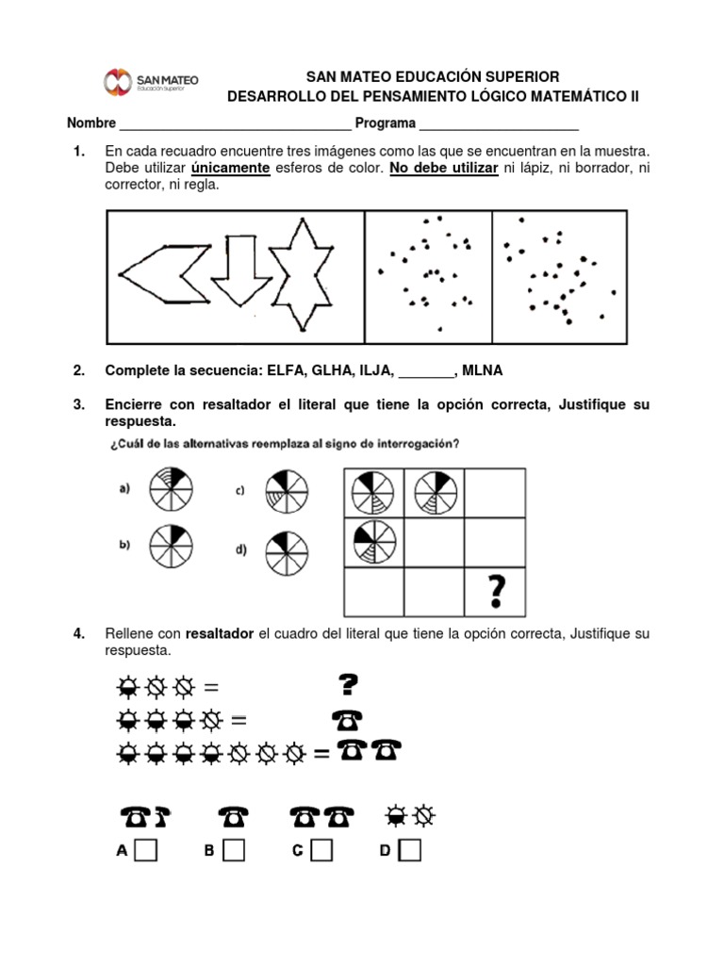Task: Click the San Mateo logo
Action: [151, 82]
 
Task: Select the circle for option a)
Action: [173, 488]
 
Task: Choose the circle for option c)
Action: [284, 488]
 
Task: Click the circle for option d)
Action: [284, 548]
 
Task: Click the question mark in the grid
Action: [494, 592]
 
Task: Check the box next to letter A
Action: [146, 851]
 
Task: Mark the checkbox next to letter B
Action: [234, 851]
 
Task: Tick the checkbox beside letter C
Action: [321, 851]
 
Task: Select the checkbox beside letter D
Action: [410, 851]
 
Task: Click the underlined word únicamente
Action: [231, 168]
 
